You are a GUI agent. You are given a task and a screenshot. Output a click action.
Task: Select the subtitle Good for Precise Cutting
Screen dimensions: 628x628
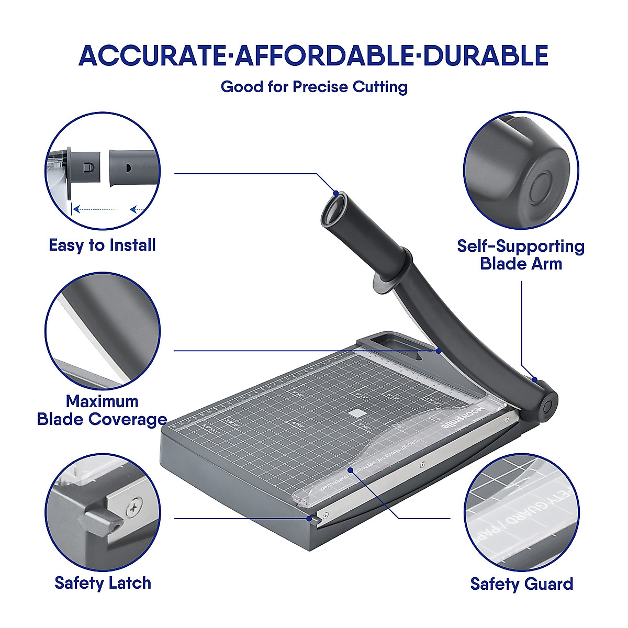pyautogui.click(x=314, y=86)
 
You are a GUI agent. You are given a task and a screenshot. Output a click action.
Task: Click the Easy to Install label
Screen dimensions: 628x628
pyautogui.click(x=102, y=245)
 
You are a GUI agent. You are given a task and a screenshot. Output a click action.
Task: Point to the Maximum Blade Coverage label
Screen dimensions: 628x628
pyautogui.click(x=102, y=410)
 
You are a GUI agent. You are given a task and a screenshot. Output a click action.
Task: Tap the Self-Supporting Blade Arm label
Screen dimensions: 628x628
pyautogui.click(x=521, y=254)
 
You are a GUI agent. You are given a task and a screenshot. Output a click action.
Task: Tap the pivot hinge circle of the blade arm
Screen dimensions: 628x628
pyautogui.click(x=547, y=406)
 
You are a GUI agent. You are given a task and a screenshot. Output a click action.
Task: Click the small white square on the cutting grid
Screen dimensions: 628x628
pyautogui.click(x=358, y=413)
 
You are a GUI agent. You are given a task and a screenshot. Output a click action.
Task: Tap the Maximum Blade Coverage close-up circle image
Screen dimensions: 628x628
pyautogui.click(x=103, y=330)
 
